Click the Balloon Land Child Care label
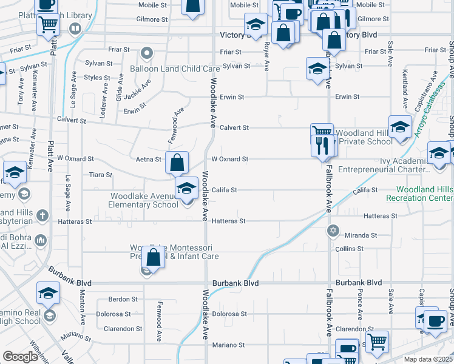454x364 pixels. point(174,69)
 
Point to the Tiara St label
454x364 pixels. point(101,175)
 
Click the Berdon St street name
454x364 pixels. point(123,299)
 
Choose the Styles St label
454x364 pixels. point(97,77)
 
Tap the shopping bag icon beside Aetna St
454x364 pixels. point(177,163)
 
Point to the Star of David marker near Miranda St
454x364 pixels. point(333,231)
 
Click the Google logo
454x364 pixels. point(21,357)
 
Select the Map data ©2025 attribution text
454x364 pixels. point(429,359)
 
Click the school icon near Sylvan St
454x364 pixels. point(316,69)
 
